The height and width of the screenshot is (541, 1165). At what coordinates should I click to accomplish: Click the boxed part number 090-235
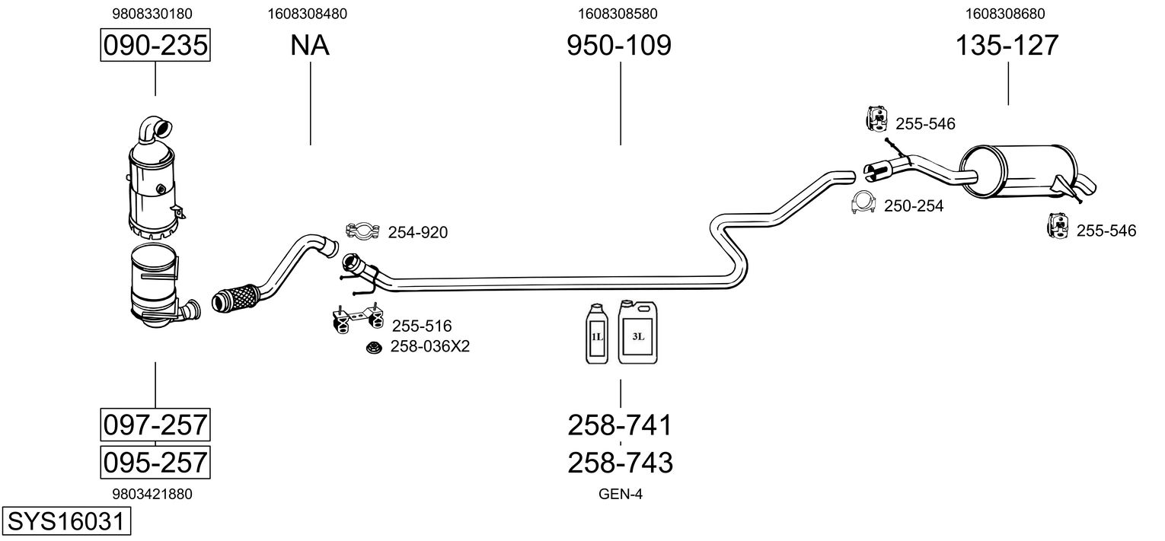click(155, 45)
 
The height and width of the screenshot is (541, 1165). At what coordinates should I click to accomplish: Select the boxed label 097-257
click(155, 425)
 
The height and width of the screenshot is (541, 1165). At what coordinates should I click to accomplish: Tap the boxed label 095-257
click(155, 462)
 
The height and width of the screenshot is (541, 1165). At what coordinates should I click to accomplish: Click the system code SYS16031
click(66, 521)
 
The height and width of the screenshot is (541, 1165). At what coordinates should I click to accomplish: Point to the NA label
click(310, 45)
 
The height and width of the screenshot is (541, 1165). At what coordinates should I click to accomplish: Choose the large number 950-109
click(619, 45)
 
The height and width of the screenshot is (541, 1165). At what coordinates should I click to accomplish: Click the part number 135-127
click(1007, 45)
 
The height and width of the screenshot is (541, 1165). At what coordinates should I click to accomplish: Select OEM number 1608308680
click(1005, 14)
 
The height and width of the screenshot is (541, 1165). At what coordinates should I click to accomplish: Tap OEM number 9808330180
click(152, 14)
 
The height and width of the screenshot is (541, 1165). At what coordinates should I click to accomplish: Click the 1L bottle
click(596, 333)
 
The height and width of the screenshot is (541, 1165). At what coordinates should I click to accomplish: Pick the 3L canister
click(637, 332)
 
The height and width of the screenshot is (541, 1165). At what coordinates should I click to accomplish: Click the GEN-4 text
click(621, 494)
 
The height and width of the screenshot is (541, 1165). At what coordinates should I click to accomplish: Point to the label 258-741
click(620, 425)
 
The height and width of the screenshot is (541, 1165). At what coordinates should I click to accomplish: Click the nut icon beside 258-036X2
click(373, 348)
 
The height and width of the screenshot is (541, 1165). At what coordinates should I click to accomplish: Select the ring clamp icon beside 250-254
click(864, 202)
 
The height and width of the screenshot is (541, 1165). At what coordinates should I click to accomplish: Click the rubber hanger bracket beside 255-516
click(357, 317)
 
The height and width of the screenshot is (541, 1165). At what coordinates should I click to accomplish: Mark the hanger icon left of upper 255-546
click(877, 119)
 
